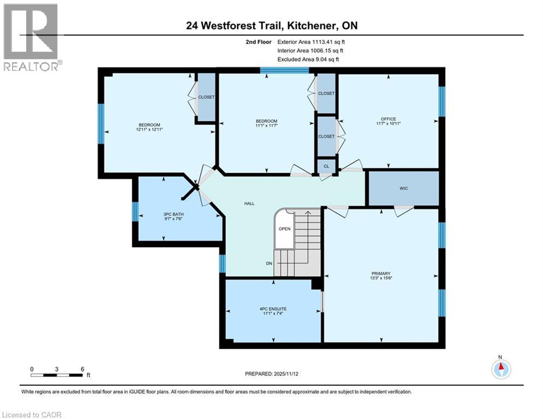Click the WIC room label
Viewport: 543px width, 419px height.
(403, 188)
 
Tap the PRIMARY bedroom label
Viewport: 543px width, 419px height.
(380, 273)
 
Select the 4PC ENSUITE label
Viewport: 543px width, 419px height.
(273, 309)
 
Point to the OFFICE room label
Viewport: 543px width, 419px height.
(388, 119)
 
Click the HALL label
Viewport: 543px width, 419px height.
(249, 203)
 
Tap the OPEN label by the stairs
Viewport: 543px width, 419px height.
(284, 229)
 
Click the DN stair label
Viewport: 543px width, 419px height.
(269, 264)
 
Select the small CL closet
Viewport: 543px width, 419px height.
(326, 166)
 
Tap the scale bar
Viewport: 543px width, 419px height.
(57, 375)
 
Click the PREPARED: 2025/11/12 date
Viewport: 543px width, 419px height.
(271, 374)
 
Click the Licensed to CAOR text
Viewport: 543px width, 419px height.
(32, 415)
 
